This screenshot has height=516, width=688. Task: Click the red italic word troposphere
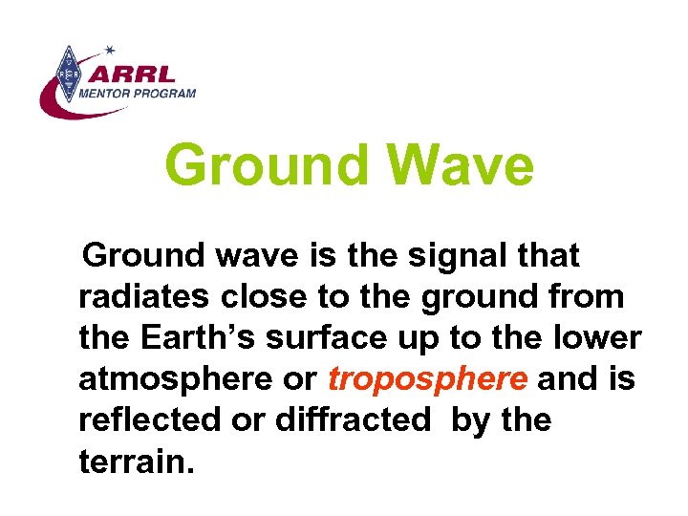click(427, 380)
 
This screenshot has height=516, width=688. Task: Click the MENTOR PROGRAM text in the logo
click(136, 94)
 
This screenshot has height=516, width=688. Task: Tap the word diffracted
click(351, 421)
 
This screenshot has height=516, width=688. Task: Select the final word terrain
click(136, 462)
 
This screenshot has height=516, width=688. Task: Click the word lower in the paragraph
click(596, 339)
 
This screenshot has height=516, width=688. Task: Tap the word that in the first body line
click(547, 256)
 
